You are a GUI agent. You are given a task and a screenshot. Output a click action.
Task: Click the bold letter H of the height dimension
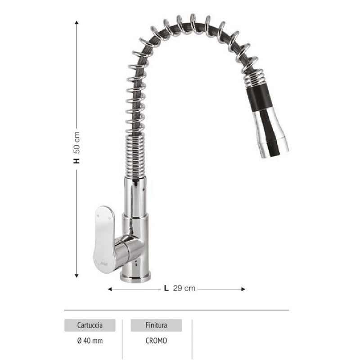click(x=77, y=159)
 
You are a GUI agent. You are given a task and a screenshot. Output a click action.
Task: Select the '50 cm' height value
click(x=77, y=141)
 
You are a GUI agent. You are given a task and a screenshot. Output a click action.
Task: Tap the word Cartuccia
click(x=90, y=325)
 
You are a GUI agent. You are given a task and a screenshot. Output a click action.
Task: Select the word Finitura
click(x=156, y=325)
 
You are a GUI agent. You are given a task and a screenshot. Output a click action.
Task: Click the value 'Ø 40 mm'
click(x=90, y=341)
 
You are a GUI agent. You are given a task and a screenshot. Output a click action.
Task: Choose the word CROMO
click(x=156, y=341)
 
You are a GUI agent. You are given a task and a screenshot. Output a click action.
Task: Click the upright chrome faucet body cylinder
click(x=135, y=198)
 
